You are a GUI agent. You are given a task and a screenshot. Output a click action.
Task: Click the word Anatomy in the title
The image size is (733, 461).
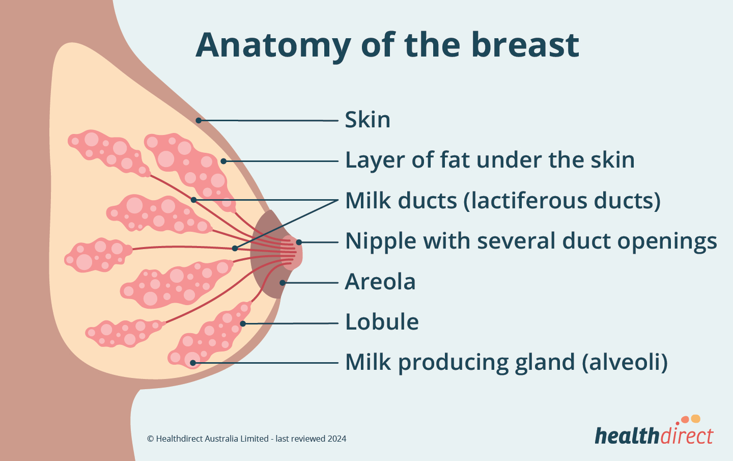point(273,45)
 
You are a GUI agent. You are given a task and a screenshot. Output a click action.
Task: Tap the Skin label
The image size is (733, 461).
point(368,120)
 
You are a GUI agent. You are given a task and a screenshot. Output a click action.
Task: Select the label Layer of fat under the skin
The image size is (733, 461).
point(490,160)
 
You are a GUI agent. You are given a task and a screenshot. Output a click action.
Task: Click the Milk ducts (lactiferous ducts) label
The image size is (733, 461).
point(502,201)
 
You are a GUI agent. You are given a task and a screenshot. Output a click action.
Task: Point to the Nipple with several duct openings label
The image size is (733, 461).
point(531,241)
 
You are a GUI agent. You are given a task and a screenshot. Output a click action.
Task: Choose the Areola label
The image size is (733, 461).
point(380,282)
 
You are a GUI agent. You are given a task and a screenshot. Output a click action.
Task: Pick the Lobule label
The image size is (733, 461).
point(382,322)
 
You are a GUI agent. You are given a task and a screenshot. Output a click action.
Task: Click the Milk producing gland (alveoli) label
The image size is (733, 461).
point(506,362)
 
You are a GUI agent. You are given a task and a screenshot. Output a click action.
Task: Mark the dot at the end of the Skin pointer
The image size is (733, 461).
point(199,120)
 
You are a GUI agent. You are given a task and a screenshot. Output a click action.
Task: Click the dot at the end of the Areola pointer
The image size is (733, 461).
point(282,283)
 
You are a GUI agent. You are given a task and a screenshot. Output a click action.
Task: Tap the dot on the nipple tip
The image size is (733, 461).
point(299,242)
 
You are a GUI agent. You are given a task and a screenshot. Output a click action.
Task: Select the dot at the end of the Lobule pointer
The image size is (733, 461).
point(243,323)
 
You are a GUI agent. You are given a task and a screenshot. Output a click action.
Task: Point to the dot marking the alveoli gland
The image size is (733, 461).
point(193,363)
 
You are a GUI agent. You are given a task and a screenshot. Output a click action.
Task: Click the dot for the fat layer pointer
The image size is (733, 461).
point(223,161)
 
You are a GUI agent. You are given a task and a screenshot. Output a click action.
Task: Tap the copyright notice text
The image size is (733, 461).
point(246,439)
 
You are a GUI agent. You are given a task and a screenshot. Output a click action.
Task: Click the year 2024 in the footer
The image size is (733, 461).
point(337,439)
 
